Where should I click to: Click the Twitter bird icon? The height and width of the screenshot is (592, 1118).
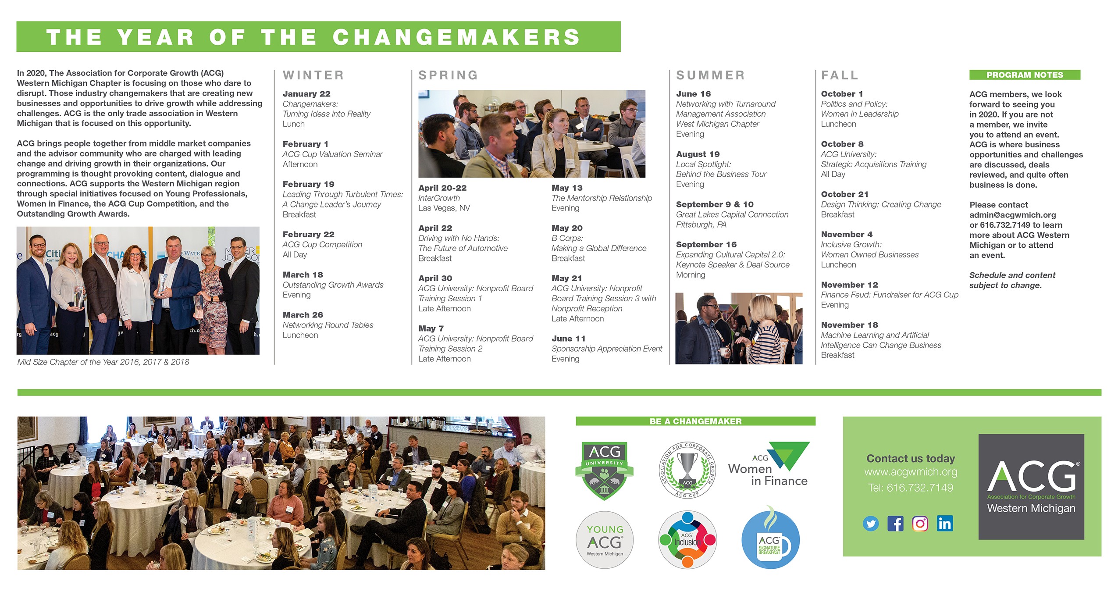[871, 524]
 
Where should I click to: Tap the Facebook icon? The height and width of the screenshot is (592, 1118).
[895, 524]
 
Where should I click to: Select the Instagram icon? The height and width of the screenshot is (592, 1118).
[920, 524]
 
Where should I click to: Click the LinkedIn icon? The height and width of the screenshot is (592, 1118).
[945, 524]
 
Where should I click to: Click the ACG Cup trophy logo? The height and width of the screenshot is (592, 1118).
[687, 471]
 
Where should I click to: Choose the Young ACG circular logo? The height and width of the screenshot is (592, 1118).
[605, 540]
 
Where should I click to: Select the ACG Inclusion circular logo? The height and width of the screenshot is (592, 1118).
[687, 540]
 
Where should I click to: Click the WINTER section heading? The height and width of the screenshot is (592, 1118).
[313, 75]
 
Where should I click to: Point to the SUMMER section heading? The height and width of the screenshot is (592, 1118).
[710, 75]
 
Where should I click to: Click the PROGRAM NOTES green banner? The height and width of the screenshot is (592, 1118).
[1025, 75]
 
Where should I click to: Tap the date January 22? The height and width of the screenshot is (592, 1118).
[306, 94]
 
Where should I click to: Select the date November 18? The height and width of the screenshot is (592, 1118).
[849, 325]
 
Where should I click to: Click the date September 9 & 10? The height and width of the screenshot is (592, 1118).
[715, 204]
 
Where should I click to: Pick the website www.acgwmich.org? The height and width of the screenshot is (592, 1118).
[911, 472]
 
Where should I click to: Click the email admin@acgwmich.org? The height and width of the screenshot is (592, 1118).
[1013, 215]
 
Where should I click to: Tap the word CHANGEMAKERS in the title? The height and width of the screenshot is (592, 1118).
[456, 37]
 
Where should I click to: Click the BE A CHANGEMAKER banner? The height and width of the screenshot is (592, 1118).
[695, 421]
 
